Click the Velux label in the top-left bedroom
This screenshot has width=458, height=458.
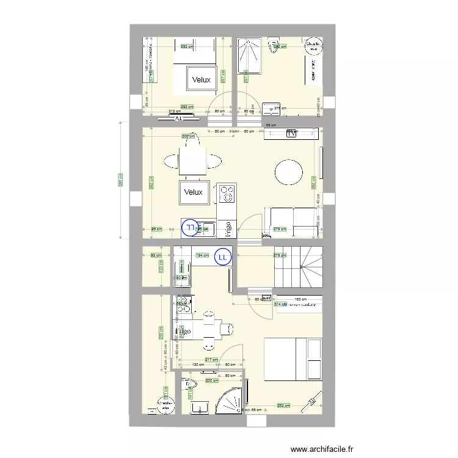tap(201, 80)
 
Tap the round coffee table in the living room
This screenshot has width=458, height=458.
tap(288, 172)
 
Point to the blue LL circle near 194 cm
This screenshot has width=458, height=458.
tap(222, 258)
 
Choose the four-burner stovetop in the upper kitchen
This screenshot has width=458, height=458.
tap(227, 194)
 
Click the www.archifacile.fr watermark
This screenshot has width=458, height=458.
tap(322, 449)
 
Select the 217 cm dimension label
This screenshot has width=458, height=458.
tap(211, 360)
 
